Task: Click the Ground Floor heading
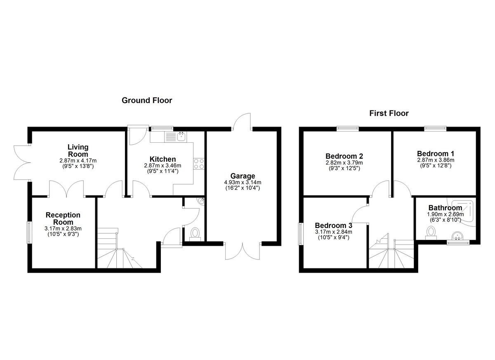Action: pos(147,101)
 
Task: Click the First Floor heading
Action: pos(389,113)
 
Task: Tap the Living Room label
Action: pos(78,151)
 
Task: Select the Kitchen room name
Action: pos(163,159)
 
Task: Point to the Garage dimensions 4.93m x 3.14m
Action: pos(243,182)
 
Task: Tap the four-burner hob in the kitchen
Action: pos(199,164)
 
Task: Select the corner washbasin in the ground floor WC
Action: pos(202,201)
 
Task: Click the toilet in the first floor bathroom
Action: pos(431,233)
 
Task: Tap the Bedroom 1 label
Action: pos(436,153)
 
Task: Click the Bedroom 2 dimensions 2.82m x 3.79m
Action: pos(344,163)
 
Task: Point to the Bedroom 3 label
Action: pos(333,226)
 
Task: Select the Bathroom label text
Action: pos(445,208)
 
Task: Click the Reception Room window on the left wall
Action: pos(29,233)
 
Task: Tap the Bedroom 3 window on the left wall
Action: pos(300,234)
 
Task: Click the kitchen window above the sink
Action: pos(161,128)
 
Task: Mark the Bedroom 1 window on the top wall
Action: pos(435,128)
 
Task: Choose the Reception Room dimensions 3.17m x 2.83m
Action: pos(63,228)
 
